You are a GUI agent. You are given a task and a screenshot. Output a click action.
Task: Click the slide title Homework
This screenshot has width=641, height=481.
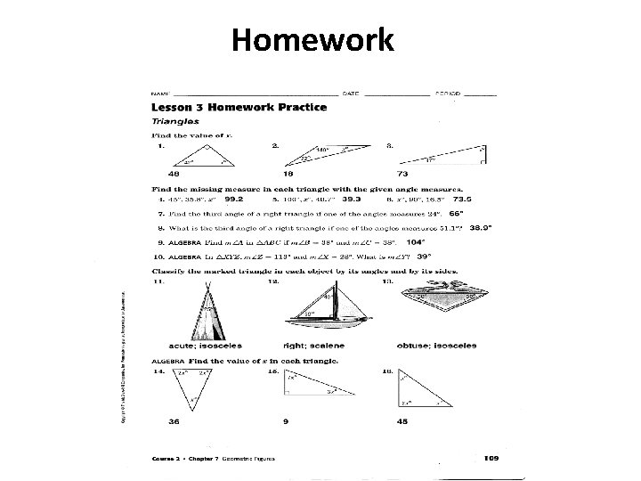(312, 40)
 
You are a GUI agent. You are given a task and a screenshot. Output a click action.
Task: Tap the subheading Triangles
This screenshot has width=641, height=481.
(174, 120)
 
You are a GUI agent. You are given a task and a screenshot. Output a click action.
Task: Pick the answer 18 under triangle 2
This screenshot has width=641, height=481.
(288, 175)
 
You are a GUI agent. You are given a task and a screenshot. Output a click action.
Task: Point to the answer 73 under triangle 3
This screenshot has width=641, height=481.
(402, 175)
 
